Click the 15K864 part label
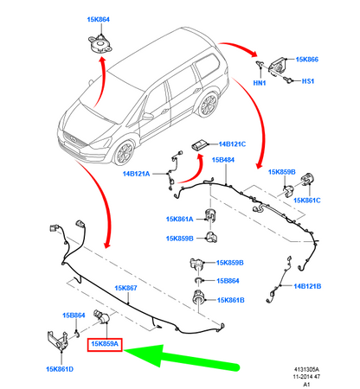[99, 20]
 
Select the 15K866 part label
[307, 60]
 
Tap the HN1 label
[260, 83]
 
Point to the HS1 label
[308, 81]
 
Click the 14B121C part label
[232, 144]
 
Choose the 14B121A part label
[137, 174]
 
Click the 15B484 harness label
[223, 160]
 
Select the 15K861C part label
[307, 201]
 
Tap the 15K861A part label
[179, 219]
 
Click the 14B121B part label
[307, 286]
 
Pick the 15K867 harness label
[125, 288]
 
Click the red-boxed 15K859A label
[105, 344]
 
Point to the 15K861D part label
[60, 369]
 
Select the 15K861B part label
[231, 300]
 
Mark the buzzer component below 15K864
[100, 44]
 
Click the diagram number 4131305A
[306, 369]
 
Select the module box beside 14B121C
[199, 144]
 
